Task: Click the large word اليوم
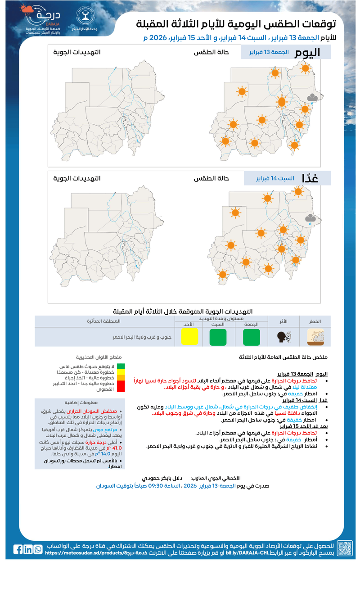pyautogui.click(x=308, y=52)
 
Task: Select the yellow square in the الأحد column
pyautogui.click(x=189, y=337)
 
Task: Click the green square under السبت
pyautogui.click(x=218, y=337)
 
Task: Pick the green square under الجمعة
pyautogui.click(x=251, y=337)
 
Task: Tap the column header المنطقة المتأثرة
pyautogui.click(x=104, y=321)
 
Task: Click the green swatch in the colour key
pyautogui.click(x=121, y=366)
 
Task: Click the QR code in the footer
pyautogui.click(x=345, y=548)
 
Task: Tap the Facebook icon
pyautogui.click(x=18, y=549)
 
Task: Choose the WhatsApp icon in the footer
pyautogui.click(x=38, y=549)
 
